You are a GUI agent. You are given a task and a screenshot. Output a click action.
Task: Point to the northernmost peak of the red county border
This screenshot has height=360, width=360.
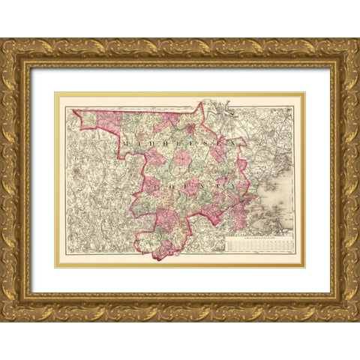pos(201,104)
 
